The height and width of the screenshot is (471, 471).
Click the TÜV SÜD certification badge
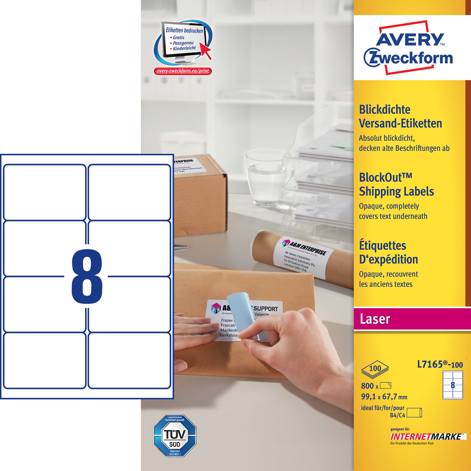175,435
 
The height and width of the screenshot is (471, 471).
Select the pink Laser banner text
375,319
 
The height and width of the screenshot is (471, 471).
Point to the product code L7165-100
440,364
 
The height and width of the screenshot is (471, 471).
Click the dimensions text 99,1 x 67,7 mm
384,397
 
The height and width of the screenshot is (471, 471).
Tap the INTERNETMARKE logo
427,437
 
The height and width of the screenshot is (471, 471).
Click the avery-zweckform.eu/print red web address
183,71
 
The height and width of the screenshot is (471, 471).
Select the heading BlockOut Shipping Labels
396,184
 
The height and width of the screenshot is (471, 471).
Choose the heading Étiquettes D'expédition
388,252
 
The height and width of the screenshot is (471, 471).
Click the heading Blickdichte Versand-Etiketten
400,117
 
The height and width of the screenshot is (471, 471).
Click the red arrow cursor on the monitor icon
206,51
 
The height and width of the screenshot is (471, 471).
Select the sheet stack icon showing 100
375,369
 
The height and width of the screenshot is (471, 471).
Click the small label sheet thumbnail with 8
453,385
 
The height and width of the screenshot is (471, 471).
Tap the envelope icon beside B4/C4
414,413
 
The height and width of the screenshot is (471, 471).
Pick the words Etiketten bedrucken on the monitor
184,30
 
